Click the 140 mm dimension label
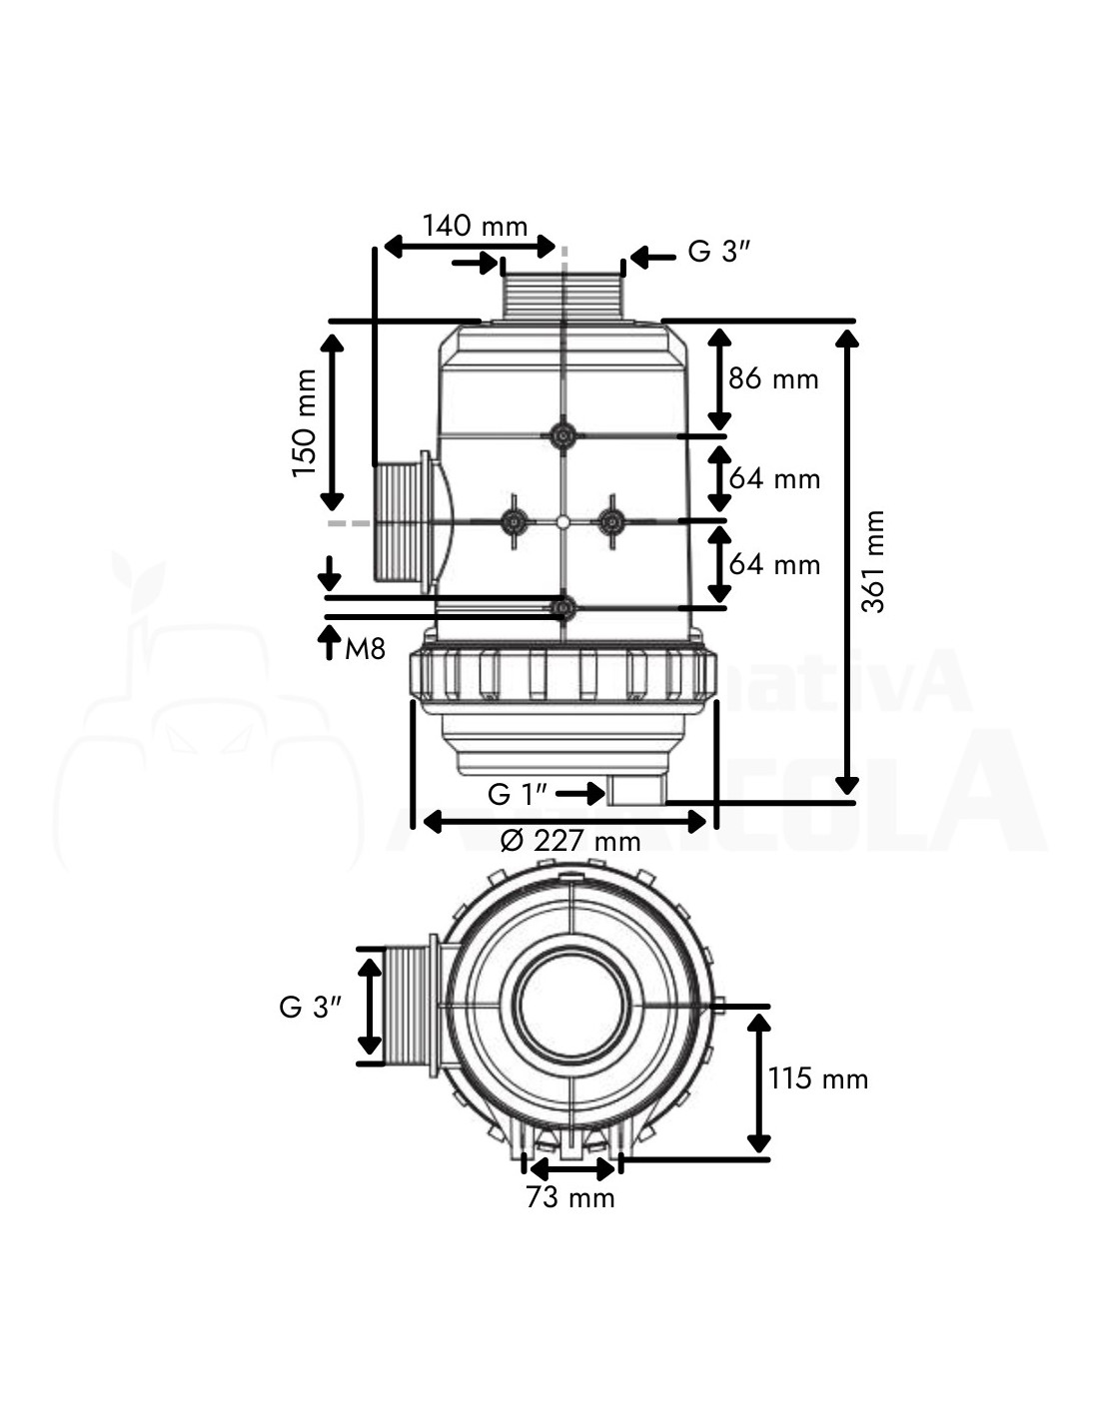click(x=474, y=225)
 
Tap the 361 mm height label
click(x=874, y=561)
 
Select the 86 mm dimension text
click(x=773, y=378)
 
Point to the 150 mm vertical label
click(x=304, y=422)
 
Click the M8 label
click(x=365, y=650)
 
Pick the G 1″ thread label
click(x=517, y=794)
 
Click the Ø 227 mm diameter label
click(x=569, y=841)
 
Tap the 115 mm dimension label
click(x=818, y=1078)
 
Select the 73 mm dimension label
click(x=570, y=1196)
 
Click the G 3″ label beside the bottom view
click(x=311, y=1007)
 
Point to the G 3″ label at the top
click(x=718, y=252)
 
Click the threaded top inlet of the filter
click(x=563, y=290)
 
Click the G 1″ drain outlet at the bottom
click(x=636, y=792)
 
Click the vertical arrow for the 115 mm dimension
click(x=759, y=1082)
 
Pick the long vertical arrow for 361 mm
click(x=846, y=561)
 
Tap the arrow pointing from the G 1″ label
click(x=579, y=794)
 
